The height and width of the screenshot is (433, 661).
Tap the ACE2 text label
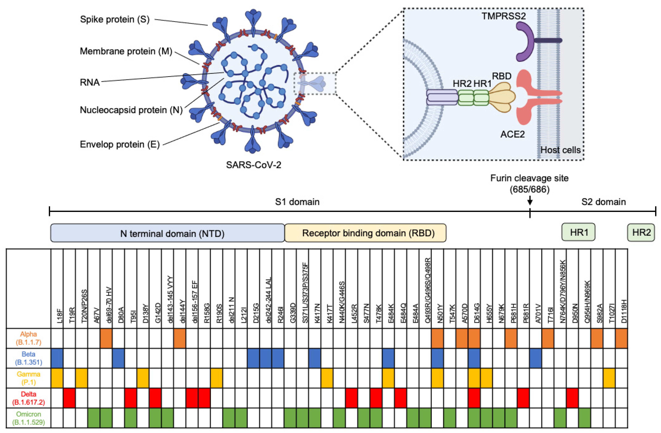pos(512,134)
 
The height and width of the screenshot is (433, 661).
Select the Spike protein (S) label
pos(115,19)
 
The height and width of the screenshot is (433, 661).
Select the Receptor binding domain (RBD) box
pos(365,233)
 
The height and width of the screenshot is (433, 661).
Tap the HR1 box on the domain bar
pos(579,232)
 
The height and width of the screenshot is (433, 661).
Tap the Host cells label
pos(560,150)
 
